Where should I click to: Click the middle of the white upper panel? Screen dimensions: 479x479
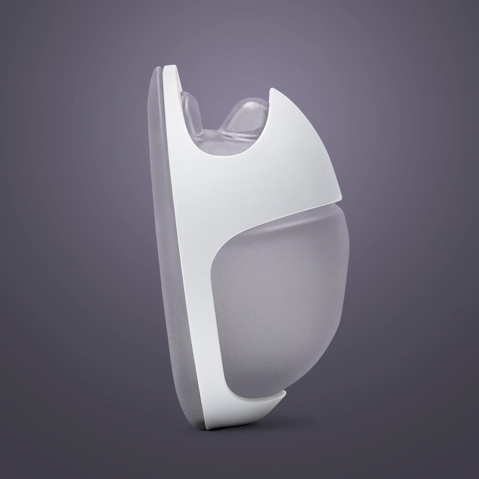[269, 176]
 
